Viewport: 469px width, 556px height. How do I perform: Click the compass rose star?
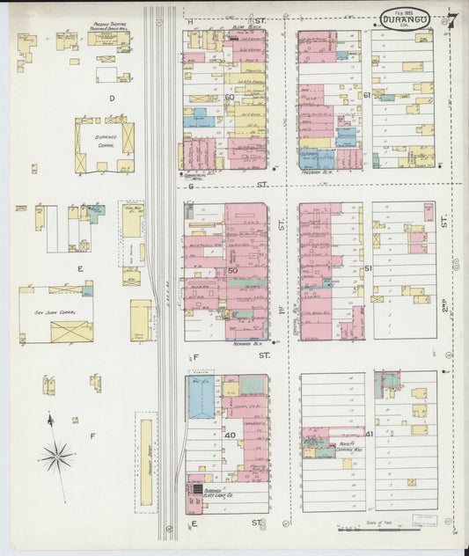pos(56,456)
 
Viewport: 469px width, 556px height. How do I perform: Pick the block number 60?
pos(230,97)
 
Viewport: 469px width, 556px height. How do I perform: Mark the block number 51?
pos(367,267)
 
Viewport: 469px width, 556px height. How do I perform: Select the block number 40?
pos(229,435)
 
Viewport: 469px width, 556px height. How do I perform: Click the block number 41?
pos(369,434)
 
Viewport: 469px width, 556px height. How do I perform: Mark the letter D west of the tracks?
pos(111,98)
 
